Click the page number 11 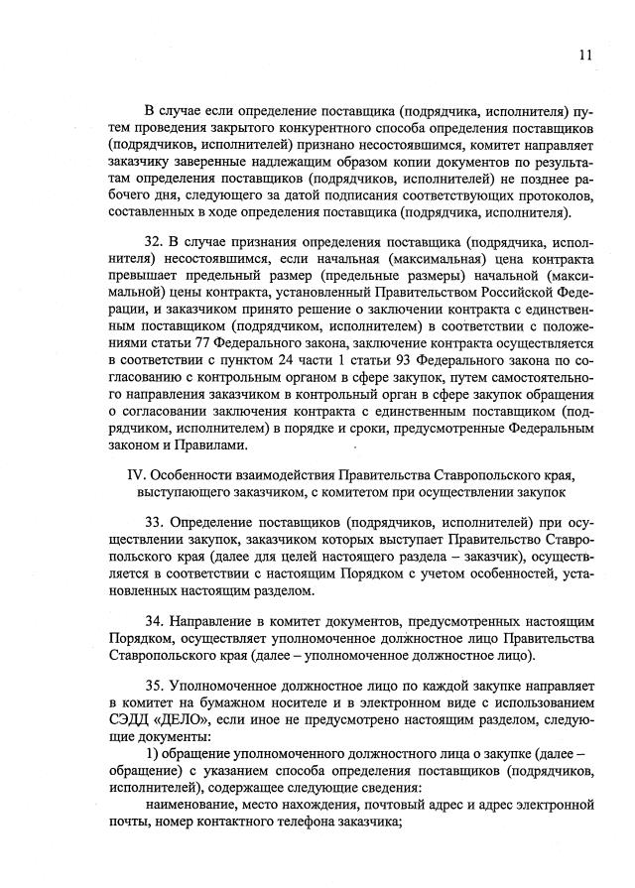pos(586,56)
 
